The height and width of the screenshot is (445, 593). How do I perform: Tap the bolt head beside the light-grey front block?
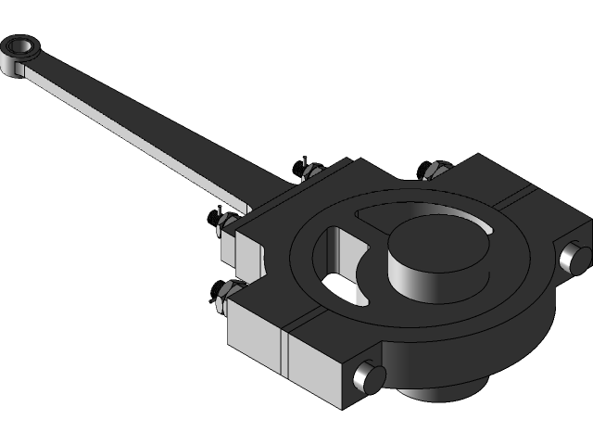tap(369, 377)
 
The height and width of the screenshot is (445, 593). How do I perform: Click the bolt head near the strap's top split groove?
tap(574, 257)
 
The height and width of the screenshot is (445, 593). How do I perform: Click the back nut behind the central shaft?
tap(433, 169)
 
